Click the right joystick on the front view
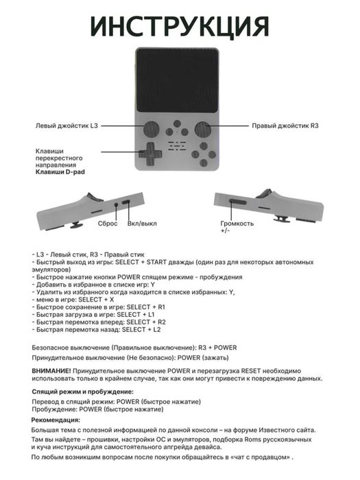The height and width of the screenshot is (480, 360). pos(204,128)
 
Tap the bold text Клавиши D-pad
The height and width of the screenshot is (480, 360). pos(56,174)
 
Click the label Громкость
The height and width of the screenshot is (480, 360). pos(238,224)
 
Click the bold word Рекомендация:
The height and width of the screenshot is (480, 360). pos(56,420)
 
